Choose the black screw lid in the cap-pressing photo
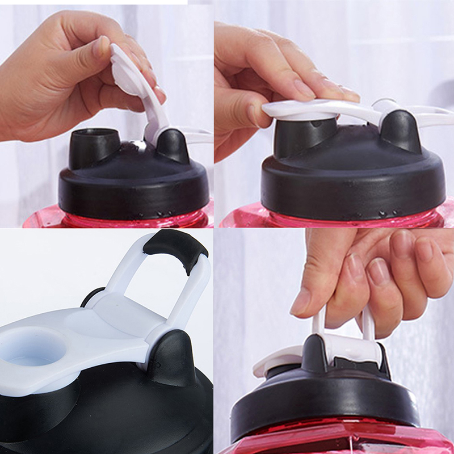coord(352,182)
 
